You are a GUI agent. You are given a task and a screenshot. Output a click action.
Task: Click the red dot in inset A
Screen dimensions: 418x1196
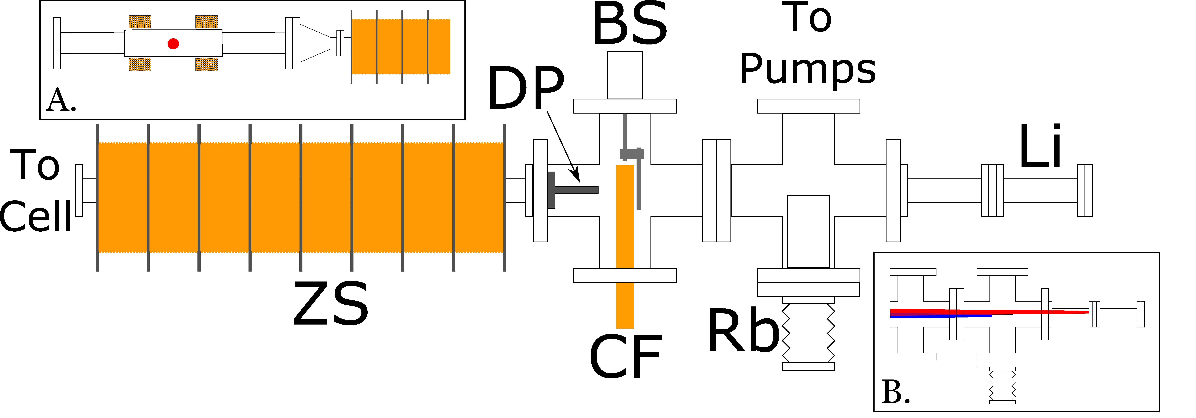coord(173,44)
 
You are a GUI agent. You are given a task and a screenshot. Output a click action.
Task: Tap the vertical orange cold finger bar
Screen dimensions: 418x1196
coord(625,246)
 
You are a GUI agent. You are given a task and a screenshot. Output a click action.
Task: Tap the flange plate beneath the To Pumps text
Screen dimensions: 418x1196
coord(808,106)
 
